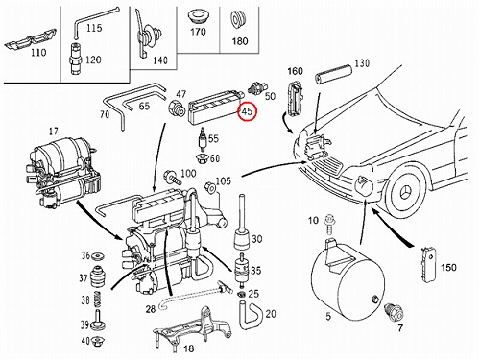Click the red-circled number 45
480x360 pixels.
(x=247, y=111)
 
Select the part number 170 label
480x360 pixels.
(x=198, y=32)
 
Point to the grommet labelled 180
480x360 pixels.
(x=238, y=20)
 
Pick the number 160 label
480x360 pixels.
(x=295, y=71)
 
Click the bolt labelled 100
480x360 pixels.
(x=172, y=178)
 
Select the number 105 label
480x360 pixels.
(x=223, y=180)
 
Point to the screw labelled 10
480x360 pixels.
(x=328, y=225)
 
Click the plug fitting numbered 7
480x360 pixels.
(x=394, y=311)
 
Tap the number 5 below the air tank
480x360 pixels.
(x=328, y=317)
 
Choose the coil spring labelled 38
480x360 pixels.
(x=97, y=300)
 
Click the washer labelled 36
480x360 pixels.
(x=97, y=257)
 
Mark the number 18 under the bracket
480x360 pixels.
(x=188, y=348)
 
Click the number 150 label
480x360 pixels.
(x=448, y=268)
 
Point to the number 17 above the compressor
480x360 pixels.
(x=54, y=132)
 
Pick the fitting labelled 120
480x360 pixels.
(x=76, y=59)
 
